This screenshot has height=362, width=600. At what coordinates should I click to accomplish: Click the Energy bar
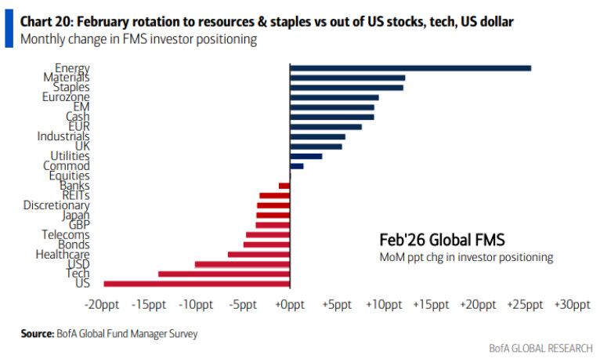[x=410, y=68]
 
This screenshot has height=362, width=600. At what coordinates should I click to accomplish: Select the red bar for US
[x=197, y=284]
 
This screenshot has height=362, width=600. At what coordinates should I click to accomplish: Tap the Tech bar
[x=224, y=273]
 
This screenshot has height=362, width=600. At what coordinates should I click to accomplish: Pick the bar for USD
[x=242, y=264]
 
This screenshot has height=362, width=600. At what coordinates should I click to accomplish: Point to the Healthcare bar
[x=258, y=254]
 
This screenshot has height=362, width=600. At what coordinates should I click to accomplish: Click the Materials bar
[x=347, y=78]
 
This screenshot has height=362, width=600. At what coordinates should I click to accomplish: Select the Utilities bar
[x=305, y=156]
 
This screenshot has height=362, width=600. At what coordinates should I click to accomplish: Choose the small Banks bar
[x=284, y=186]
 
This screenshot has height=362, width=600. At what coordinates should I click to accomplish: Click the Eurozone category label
[x=66, y=97]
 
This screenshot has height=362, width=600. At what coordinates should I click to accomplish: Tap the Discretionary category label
[x=56, y=205]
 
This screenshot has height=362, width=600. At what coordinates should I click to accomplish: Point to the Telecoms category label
[x=66, y=234]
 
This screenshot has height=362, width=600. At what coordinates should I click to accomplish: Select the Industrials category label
[x=63, y=136]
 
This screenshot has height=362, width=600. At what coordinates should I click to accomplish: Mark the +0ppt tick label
[x=290, y=305]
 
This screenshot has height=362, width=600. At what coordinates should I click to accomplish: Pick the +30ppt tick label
[x=572, y=305]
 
